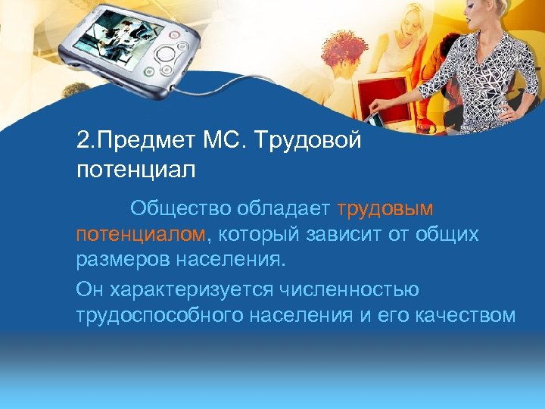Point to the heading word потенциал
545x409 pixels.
coord(136,168)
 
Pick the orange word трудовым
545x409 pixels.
coord(385,208)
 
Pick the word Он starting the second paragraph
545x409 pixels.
coord(89,289)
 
